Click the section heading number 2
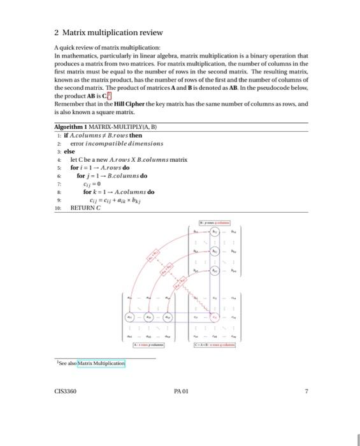(57, 32)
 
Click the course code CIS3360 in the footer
(66, 392)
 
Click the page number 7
(306, 392)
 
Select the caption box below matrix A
(148, 344)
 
